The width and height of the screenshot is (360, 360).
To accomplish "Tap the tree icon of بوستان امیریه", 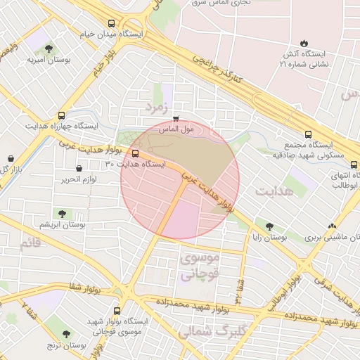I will point(48,49).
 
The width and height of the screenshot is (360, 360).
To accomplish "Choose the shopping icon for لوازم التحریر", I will point(78,168).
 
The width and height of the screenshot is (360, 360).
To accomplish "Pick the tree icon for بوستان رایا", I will point(270,226).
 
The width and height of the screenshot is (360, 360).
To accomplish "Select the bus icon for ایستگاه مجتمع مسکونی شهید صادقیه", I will point(307,135).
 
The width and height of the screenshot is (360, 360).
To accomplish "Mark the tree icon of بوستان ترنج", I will point(67,334).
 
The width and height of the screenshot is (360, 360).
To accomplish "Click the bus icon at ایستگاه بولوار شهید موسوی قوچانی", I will point(117,310).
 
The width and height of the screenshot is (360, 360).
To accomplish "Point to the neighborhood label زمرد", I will point(158,108).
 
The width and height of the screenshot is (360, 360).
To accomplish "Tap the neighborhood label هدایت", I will point(274,191).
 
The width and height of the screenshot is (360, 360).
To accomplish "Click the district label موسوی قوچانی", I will point(200,266).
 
